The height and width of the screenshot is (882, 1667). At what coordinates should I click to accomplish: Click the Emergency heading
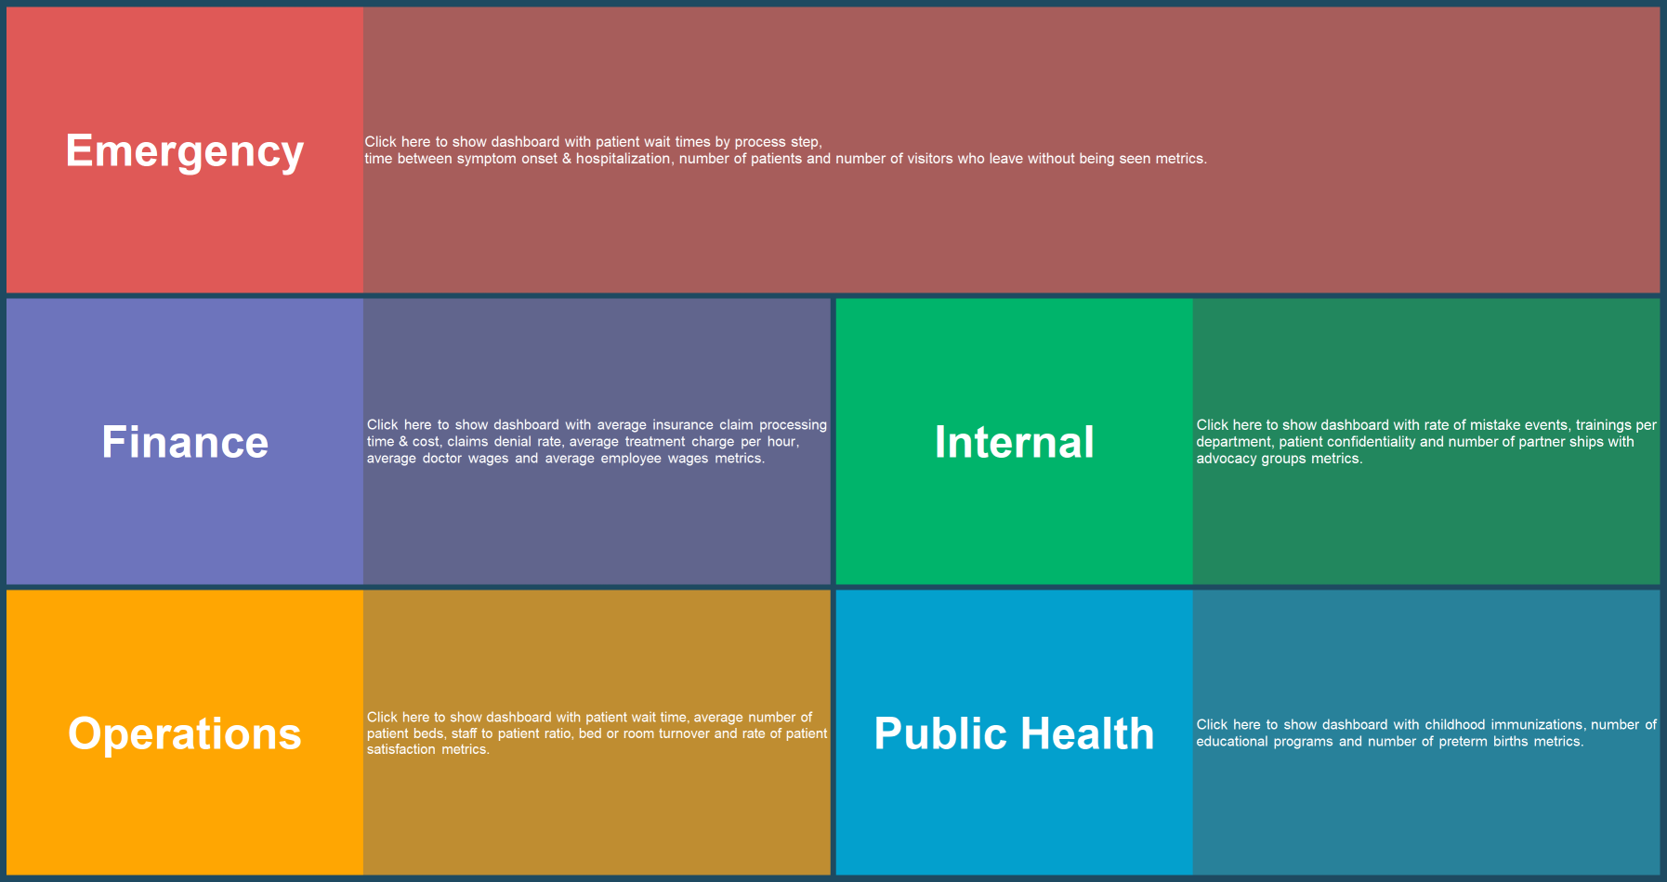[185, 150]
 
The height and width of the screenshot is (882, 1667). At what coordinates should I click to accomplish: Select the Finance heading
[185, 442]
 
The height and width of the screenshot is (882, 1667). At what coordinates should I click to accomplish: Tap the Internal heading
[1015, 442]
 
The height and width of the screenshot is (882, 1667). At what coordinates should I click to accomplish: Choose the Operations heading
[185, 733]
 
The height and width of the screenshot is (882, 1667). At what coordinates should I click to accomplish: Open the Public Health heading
[1015, 733]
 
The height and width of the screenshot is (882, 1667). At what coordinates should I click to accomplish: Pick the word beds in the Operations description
[427, 733]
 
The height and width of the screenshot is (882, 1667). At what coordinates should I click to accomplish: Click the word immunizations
[1537, 725]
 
